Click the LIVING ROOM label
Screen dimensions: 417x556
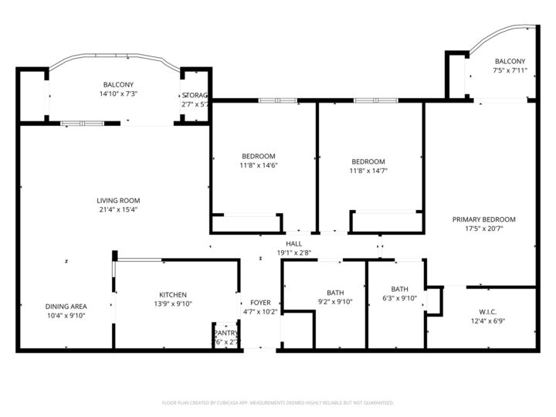[x=118, y=200]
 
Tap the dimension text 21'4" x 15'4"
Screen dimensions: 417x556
[x=118, y=209]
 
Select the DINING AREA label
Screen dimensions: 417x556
[x=66, y=307]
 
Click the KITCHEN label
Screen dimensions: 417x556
[x=173, y=295]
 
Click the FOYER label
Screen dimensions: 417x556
[x=260, y=303]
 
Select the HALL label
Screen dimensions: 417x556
[x=293, y=243]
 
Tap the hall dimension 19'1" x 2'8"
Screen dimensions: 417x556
[x=293, y=253]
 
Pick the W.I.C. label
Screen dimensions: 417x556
[x=487, y=312]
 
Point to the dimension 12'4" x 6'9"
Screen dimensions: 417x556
[x=487, y=321]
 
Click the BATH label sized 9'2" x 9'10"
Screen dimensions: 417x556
[x=335, y=293]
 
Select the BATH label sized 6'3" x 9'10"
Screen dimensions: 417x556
[x=399, y=289]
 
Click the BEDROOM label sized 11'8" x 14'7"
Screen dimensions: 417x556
[x=368, y=161]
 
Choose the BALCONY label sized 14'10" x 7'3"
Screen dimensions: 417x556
[x=118, y=85]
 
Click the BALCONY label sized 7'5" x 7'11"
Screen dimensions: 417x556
[x=510, y=62]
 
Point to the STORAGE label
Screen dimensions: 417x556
[x=195, y=95]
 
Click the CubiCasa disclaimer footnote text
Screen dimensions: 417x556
[x=277, y=402]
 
